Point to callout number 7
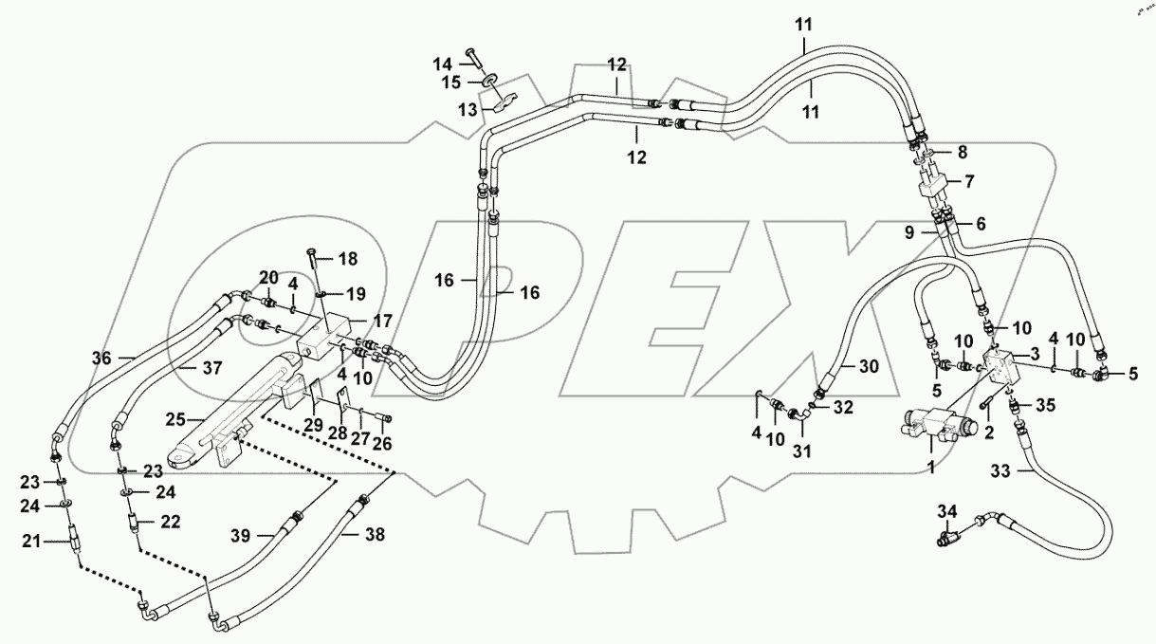[969, 180]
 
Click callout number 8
[962, 152]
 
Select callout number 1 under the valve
[930, 467]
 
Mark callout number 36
[101, 359]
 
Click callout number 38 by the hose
[376, 535]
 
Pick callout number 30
[869, 366]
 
